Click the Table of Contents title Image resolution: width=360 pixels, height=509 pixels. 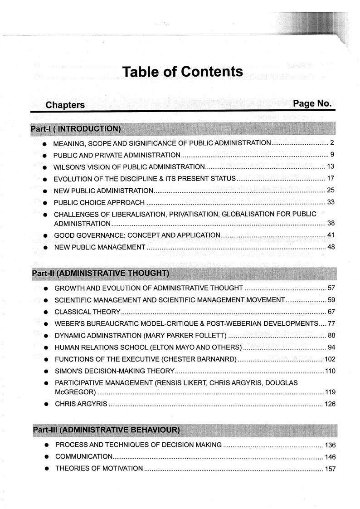pos(183,72)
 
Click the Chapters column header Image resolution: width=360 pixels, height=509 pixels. pos(65,105)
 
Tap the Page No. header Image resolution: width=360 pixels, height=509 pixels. pos(312,103)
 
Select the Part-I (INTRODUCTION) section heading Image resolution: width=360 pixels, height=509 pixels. pos(76,129)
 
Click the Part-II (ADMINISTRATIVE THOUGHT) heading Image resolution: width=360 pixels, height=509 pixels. pos(100,274)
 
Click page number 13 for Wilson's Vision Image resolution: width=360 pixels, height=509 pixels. pos(330,166)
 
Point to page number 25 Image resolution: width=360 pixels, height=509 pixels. pos(330,190)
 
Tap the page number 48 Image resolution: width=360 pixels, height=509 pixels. pos(331,247)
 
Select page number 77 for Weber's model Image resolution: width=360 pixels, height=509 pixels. pos(331,323)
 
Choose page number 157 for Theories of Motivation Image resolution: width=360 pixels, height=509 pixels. pos(330,468)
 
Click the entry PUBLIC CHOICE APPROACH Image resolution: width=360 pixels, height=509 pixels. pos(99,202)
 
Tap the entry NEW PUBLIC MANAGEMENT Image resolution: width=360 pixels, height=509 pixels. pos(100,247)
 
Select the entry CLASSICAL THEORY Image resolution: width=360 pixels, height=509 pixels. pos(87,312)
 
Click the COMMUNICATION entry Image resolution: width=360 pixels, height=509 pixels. pos(84,456)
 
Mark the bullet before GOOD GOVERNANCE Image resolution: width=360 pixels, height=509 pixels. pos(45,235)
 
